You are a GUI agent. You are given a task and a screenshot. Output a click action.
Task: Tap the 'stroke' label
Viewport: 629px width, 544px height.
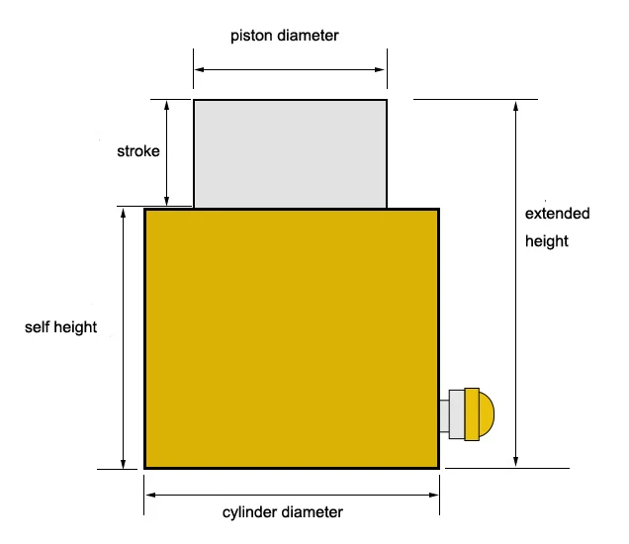138,151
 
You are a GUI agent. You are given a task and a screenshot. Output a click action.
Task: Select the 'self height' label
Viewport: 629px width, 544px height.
61,326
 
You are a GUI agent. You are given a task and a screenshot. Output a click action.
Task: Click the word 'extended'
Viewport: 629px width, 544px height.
557,214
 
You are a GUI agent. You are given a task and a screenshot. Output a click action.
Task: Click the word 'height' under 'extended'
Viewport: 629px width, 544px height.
547,241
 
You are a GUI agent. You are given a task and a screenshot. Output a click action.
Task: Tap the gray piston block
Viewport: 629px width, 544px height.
290,153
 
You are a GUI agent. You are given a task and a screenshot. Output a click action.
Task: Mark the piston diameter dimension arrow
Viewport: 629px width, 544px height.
290,70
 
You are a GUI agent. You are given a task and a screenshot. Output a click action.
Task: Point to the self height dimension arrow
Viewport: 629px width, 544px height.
123,337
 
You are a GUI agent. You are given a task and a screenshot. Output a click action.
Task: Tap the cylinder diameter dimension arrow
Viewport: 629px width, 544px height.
292,493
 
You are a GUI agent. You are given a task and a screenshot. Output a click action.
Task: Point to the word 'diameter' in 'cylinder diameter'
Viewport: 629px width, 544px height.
315,512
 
